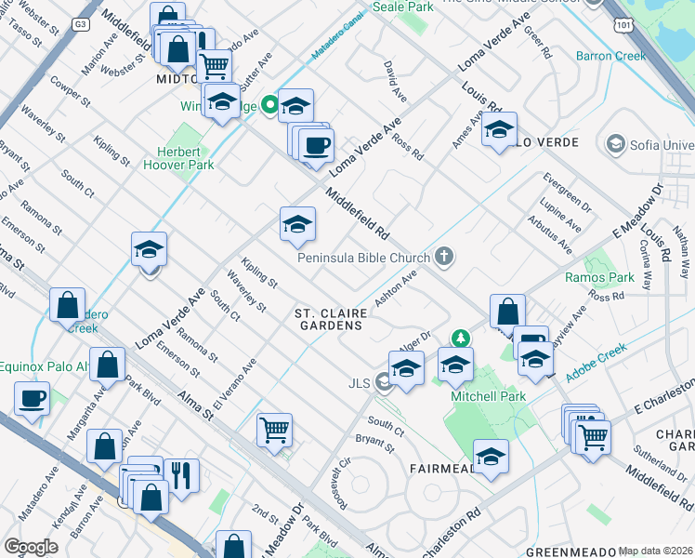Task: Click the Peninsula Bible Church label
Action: click(364, 258)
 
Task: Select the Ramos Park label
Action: click(600, 277)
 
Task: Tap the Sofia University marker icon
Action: click(614, 144)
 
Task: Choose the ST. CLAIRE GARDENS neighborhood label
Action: click(328, 320)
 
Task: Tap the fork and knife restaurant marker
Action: click(181, 474)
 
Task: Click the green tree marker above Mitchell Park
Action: click(457, 339)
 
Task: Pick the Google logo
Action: click(32, 546)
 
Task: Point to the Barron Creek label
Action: click(610, 56)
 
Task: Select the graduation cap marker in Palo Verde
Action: click(499, 130)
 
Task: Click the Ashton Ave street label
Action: click(396, 289)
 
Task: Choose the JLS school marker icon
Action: click(382, 381)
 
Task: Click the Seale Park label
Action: click(402, 7)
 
